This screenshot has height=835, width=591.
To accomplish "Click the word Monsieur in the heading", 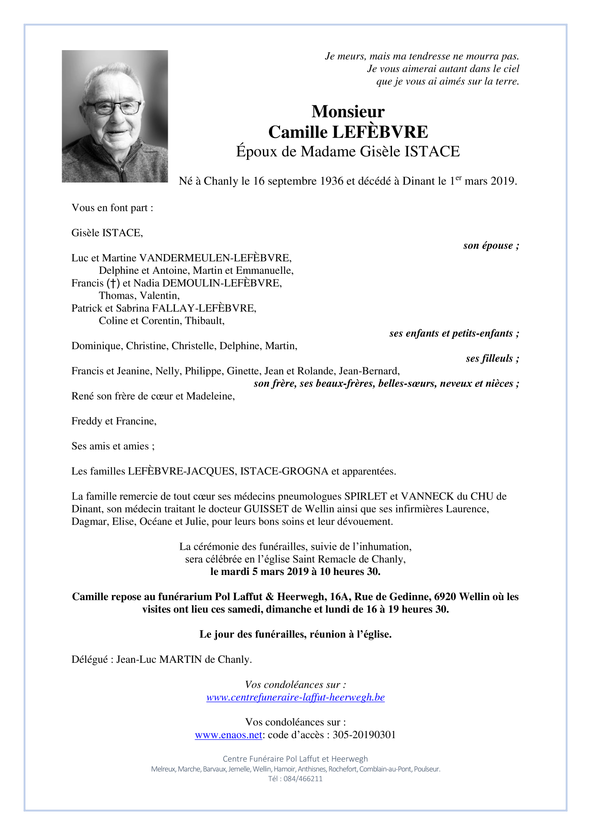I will pos(348,112).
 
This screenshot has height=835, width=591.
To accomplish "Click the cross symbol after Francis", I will pos(113,283).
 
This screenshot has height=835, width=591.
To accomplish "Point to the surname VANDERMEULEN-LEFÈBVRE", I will pos(215,258).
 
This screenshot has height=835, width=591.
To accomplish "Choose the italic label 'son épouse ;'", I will pos(491,245).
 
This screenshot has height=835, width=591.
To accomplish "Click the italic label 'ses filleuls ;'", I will pos(492,359).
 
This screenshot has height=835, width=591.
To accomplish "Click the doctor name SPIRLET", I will pos(366,497).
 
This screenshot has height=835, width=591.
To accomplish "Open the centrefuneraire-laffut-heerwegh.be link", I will pos(295,697).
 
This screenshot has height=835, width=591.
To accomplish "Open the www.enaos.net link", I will pos(228,735).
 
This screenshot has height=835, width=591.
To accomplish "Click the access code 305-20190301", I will pos(364,735).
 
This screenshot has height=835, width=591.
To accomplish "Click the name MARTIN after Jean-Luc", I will pos(180,660).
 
